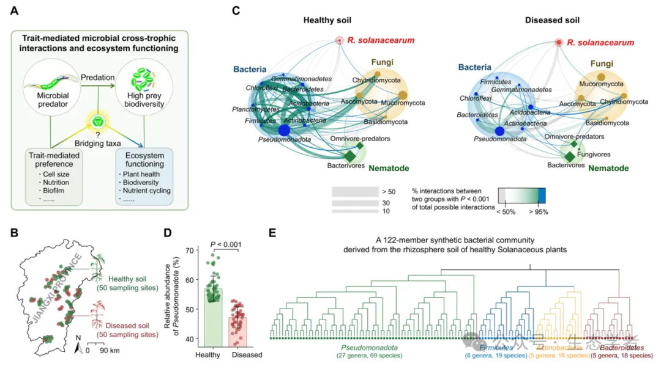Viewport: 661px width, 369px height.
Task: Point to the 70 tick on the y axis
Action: (190, 250)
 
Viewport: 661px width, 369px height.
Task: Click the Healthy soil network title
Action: (332, 20)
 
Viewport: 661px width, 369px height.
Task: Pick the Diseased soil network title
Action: (553, 20)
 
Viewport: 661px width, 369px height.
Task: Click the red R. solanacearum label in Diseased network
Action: (601, 42)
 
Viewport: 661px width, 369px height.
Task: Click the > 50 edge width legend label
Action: (387, 191)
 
